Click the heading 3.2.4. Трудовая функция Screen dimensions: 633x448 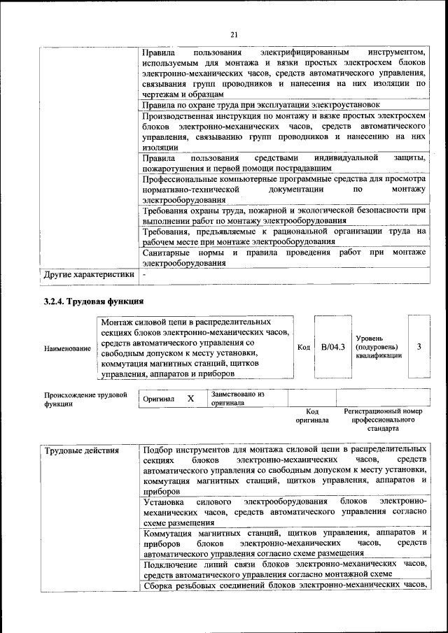coord(93,301)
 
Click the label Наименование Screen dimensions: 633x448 coord(67,348)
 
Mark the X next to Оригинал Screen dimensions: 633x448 coord(190,398)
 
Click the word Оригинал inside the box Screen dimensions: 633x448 coord(158,399)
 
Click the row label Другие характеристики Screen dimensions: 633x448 coord(89,275)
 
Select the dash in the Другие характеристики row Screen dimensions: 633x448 coord(144,275)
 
